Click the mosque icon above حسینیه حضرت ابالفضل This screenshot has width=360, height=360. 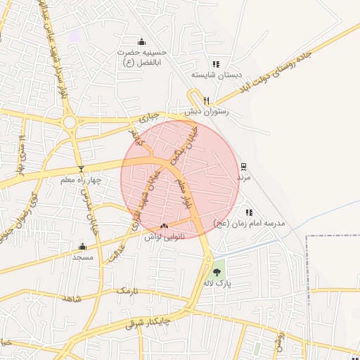tap(142, 41)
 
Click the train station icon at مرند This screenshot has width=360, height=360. tap(243, 167)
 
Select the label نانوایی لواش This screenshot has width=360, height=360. tap(164, 238)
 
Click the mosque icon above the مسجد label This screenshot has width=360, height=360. tap(83, 246)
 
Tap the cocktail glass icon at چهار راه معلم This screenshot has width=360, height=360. tap(81, 169)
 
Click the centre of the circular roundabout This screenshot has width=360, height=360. tap(70, 122)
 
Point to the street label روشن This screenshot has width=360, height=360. tap(280, 339)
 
